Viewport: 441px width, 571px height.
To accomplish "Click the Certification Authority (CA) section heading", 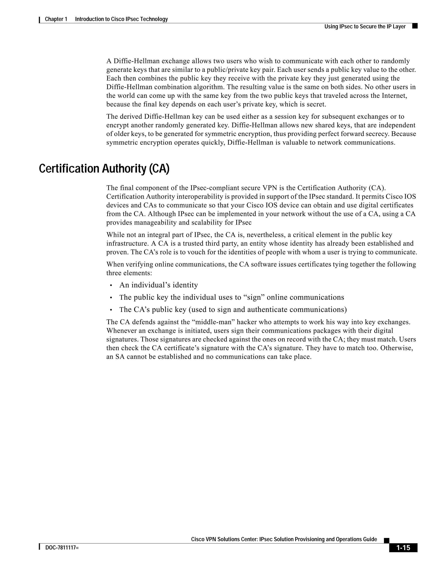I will pyautogui.click(x=104, y=169).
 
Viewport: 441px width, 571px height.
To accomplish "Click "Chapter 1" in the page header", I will pyautogui.click(x=56, y=19).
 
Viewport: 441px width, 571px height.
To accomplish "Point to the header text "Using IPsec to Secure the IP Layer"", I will pyautogui.click(x=365, y=27).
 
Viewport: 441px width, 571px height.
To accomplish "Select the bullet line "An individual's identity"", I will pyautogui.click(x=158, y=285).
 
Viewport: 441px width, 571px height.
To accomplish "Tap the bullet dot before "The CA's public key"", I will pyautogui.click(x=111, y=310).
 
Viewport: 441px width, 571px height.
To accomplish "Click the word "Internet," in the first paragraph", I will pyautogui.click(x=394, y=95).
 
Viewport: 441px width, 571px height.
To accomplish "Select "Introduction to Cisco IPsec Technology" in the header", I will pyautogui.click(x=121, y=19).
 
